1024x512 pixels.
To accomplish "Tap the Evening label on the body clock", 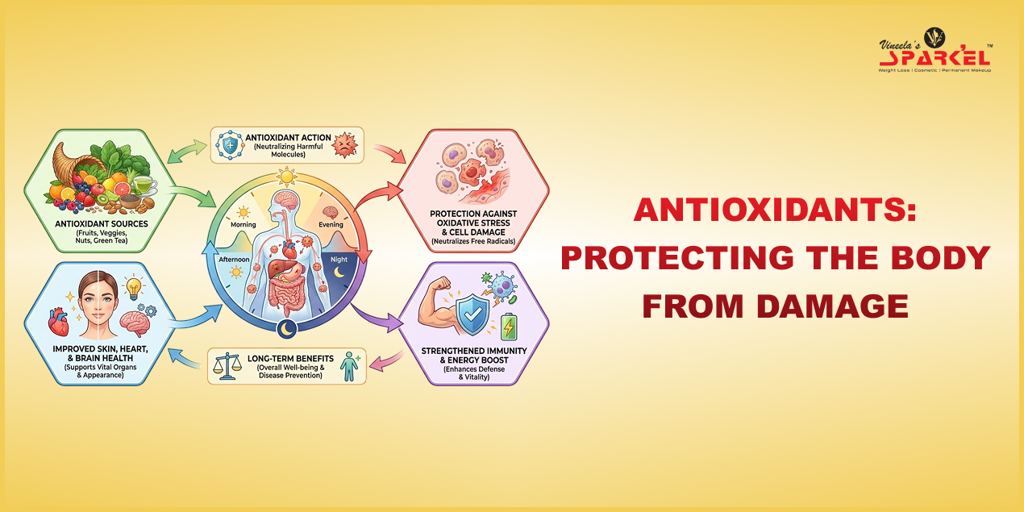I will pos(331,226).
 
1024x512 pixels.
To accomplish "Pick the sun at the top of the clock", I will pos(285,176).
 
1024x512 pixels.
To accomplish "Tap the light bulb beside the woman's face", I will pos(132,286).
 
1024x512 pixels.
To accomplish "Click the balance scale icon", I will pos(225,368).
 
